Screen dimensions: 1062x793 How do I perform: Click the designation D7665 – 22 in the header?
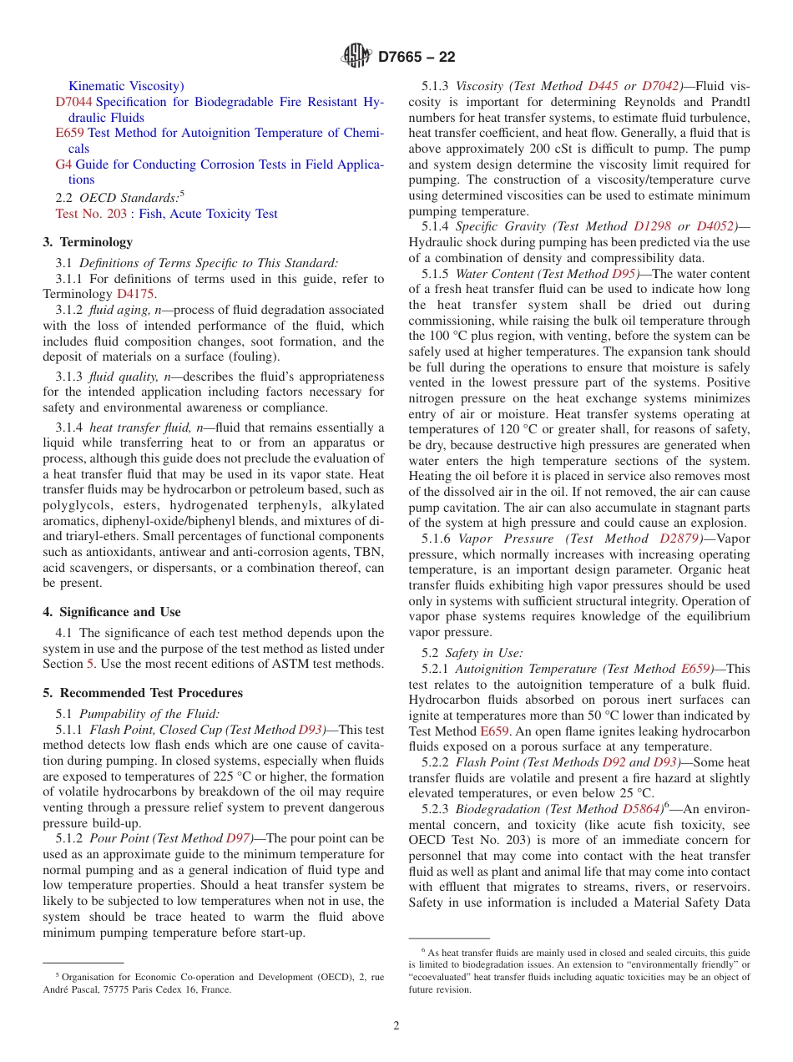(417, 58)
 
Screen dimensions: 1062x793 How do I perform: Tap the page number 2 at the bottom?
(396, 1025)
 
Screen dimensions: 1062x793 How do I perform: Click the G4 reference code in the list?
(63, 164)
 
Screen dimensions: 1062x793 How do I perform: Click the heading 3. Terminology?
(88, 242)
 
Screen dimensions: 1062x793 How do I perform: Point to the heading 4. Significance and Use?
(111, 612)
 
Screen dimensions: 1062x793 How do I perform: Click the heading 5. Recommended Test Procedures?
(143, 693)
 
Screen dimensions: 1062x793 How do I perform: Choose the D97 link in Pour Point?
(239, 838)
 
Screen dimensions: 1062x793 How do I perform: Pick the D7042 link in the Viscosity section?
(659, 86)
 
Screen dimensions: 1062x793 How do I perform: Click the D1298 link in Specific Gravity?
(652, 226)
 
